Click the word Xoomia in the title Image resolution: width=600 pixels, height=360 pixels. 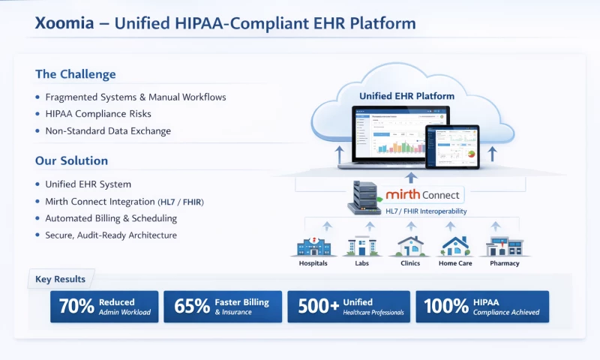click(x=64, y=23)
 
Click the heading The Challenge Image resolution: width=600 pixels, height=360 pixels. click(x=76, y=74)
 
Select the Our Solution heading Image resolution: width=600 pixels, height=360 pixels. click(x=71, y=160)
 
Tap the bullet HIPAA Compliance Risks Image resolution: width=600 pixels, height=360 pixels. click(x=98, y=114)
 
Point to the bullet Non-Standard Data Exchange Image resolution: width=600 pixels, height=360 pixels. click(x=108, y=131)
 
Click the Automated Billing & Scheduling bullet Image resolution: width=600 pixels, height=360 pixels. click(x=111, y=218)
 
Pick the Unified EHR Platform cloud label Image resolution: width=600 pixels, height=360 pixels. click(x=406, y=96)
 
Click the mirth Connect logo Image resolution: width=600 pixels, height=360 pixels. click(x=424, y=195)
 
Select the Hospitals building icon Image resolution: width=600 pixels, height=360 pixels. click(x=313, y=246)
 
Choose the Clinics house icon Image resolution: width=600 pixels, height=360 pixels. click(x=409, y=246)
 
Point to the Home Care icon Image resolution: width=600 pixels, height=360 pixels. click(x=455, y=246)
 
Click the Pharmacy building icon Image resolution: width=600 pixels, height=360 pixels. click(x=504, y=246)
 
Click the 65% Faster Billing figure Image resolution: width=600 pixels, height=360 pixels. click(x=191, y=306)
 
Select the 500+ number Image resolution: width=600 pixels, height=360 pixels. click(x=316, y=306)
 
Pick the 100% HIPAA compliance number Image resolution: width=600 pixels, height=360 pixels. click(x=447, y=306)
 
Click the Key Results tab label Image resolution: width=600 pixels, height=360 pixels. click(x=61, y=280)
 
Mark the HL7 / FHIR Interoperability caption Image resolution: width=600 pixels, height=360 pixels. click(x=425, y=211)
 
